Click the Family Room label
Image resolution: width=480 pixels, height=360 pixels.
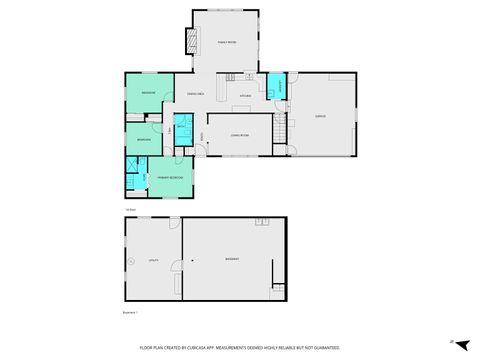tap(226, 42)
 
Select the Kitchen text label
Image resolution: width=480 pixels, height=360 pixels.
tap(245, 96)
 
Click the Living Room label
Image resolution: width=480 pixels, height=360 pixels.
tap(238, 135)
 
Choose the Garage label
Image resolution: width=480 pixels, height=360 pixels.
tap(320, 116)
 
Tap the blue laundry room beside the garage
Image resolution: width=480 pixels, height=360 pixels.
tap(280, 88)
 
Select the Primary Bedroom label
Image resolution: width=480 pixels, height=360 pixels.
tap(170, 177)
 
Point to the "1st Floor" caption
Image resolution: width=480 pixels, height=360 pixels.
tap(129, 209)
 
